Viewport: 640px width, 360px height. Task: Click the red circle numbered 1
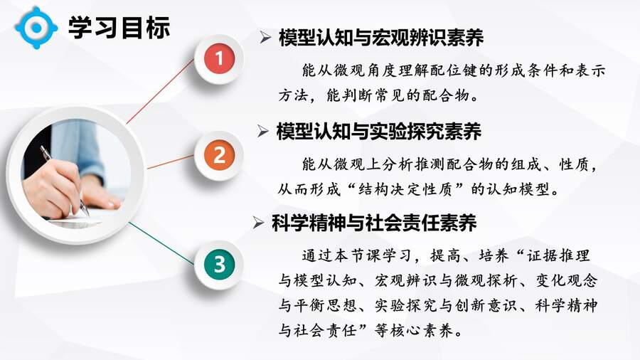click(x=219, y=58)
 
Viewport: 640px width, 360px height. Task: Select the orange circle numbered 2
click(x=219, y=155)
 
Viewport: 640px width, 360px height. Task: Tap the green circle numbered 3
click(x=219, y=264)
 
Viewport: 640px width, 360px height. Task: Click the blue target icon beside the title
click(x=36, y=27)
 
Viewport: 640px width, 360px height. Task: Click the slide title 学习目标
click(x=119, y=27)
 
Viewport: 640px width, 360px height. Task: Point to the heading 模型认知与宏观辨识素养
click(x=381, y=38)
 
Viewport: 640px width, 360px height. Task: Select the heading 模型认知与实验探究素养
click(x=379, y=132)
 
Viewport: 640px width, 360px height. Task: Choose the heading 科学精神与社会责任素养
click(x=374, y=223)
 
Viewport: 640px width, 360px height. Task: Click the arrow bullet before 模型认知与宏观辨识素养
click(x=265, y=38)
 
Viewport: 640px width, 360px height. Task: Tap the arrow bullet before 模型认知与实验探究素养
click(x=263, y=131)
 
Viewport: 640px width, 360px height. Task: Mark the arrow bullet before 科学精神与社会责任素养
click(x=258, y=223)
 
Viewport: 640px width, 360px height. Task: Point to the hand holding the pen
click(x=53, y=189)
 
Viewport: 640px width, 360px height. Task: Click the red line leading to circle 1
click(x=161, y=90)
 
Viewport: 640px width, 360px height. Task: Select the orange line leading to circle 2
click(x=171, y=162)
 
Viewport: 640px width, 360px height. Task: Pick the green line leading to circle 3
click(x=161, y=243)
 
